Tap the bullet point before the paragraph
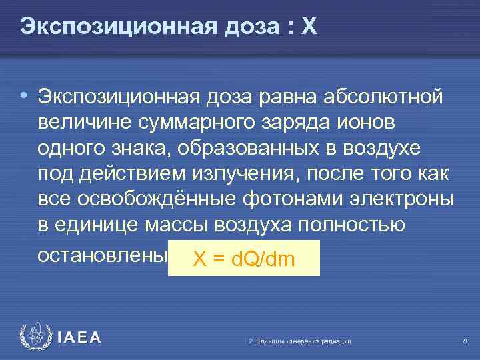[24, 96]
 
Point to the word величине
[84, 123]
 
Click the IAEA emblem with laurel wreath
[33, 337]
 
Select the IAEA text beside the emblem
[79, 337]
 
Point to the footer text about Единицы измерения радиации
[299, 341]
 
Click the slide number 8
[464, 341]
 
